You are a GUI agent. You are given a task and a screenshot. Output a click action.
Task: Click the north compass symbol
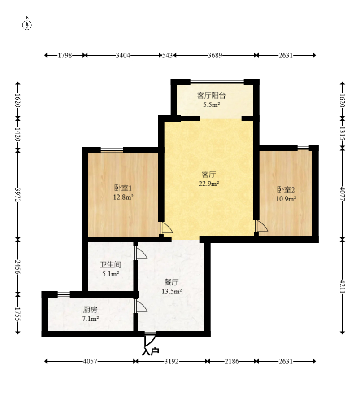tap(27, 24)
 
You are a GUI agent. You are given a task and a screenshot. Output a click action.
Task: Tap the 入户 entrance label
tap(151, 351)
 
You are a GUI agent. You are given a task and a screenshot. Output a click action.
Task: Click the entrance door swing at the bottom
tap(150, 340)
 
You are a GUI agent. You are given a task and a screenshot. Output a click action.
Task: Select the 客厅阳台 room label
tap(211, 96)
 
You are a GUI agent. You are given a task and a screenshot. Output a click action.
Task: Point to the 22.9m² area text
tap(209, 184)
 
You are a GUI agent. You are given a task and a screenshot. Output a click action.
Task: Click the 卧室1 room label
tap(123, 188)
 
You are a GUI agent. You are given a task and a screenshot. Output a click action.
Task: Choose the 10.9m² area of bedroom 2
tap(286, 199)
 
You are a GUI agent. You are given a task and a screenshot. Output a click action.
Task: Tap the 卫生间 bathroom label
tap(111, 264)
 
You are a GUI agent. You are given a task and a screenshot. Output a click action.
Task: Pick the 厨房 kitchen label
tap(90, 310)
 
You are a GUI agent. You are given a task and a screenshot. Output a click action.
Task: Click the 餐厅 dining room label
tap(172, 282)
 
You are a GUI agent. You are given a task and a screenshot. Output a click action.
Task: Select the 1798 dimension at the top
tap(65, 55)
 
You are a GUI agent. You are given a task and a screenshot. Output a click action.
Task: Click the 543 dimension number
tap(167, 55)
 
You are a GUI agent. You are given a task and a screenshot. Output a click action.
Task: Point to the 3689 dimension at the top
tap(215, 55)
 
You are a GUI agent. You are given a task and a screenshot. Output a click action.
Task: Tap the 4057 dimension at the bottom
tap(90, 361)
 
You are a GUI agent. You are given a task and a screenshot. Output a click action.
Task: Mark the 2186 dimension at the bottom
tap(232, 361)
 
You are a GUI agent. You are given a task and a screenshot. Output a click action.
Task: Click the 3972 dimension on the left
tap(18, 195)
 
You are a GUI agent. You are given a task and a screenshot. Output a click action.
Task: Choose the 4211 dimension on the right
tap(342, 286)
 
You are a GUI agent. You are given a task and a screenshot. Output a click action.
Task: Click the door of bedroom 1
tap(166, 228)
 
